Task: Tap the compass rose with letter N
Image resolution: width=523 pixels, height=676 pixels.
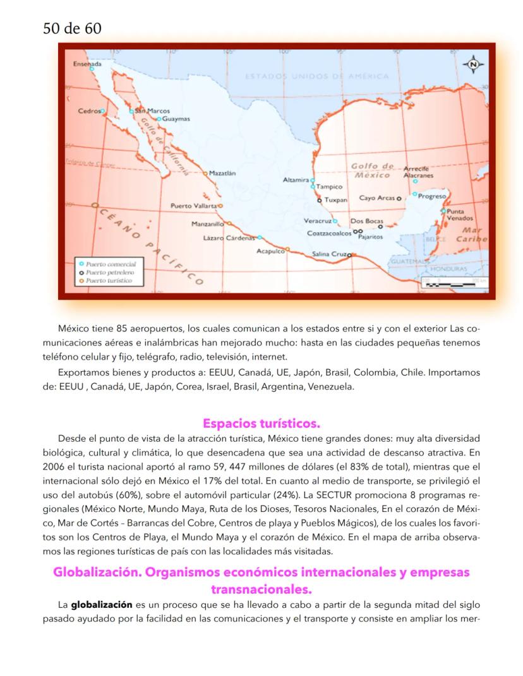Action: pyautogui.click(x=474, y=64)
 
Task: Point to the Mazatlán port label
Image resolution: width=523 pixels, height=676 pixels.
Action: pyautogui.click(x=222, y=172)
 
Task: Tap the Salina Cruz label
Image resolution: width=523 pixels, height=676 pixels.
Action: pyautogui.click(x=330, y=254)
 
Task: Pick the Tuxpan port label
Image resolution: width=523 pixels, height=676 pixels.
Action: pyautogui.click(x=335, y=199)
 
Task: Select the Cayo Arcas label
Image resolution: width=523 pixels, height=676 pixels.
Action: pyautogui.click(x=376, y=198)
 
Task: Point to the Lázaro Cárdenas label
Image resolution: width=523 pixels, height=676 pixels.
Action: pyautogui.click(x=229, y=238)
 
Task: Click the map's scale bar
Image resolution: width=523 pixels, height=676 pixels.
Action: pyautogui.click(x=451, y=285)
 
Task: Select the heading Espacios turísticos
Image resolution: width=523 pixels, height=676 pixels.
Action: pyautogui.click(x=261, y=423)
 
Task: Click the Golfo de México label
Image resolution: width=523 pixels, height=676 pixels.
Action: pyautogui.click(x=372, y=170)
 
